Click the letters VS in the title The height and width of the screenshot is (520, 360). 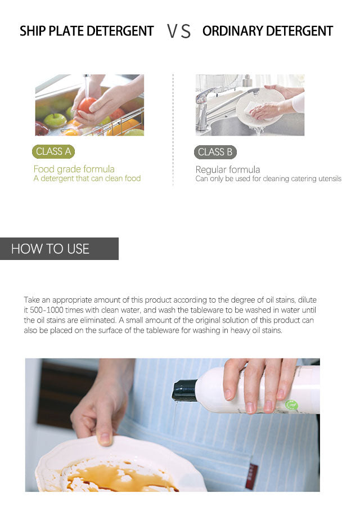[179, 32]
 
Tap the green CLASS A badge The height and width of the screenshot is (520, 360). [53, 151]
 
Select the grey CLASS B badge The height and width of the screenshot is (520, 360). [215, 152]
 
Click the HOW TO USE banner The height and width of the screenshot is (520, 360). [59, 249]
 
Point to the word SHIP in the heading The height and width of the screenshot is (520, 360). [33, 31]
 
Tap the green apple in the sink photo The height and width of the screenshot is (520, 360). [55, 120]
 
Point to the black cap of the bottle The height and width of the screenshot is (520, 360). [184, 391]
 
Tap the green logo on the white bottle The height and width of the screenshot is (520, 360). [291, 405]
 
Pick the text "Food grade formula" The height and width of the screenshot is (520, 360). [74, 169]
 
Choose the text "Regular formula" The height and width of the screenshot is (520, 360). [228, 169]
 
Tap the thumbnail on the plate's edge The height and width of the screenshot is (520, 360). [105, 439]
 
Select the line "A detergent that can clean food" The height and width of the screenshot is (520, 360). [87, 178]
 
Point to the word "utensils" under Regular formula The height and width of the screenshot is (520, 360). [330, 179]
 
